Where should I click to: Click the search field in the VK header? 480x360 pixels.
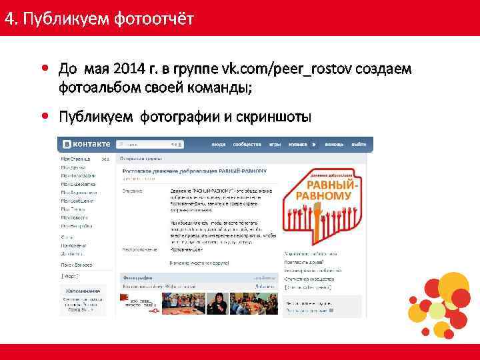point(149,144)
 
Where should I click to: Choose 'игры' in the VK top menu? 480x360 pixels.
point(275,144)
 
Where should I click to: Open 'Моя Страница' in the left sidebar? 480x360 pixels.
point(75,159)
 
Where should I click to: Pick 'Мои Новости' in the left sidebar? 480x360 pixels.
point(75,217)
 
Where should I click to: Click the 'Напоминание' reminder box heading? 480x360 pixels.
point(83,291)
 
